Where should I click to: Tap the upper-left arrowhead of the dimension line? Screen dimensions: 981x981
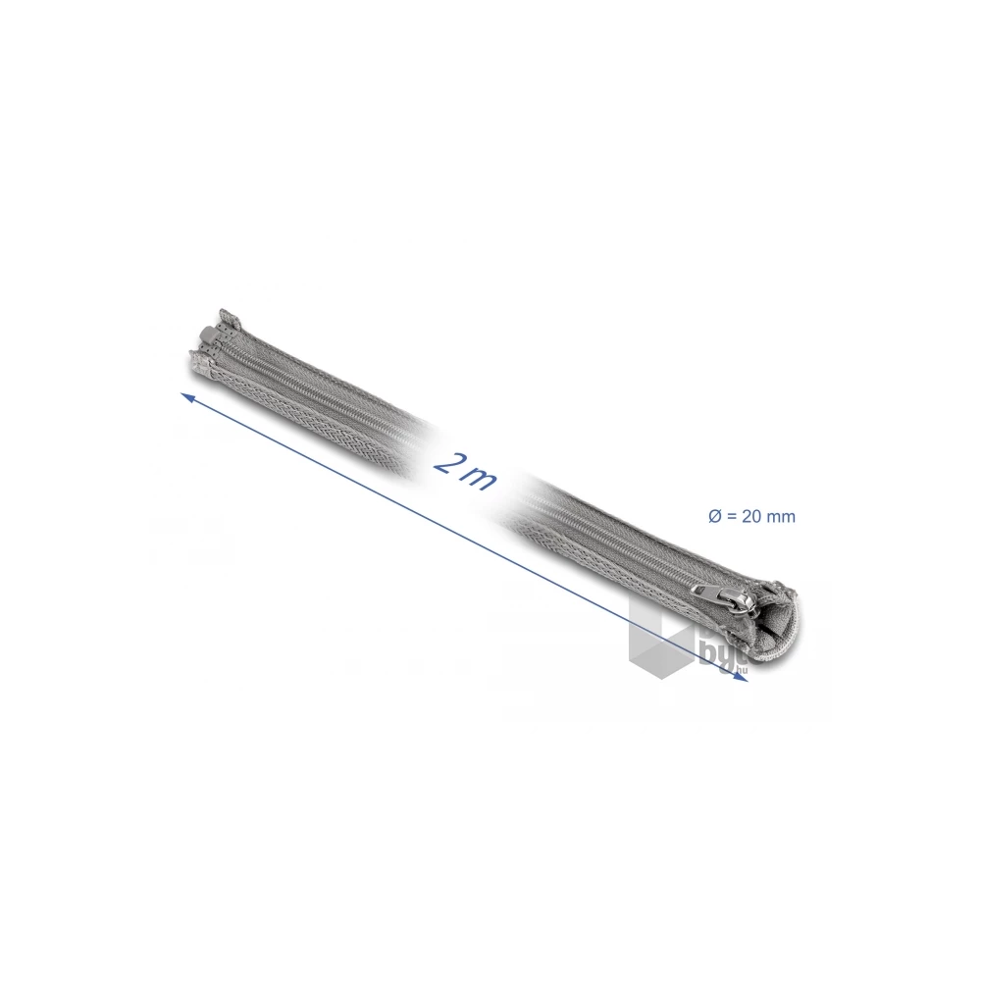(x=186, y=395)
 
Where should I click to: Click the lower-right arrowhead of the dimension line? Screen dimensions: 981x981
(x=744, y=683)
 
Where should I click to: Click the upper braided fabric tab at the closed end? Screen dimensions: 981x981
(x=230, y=319)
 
